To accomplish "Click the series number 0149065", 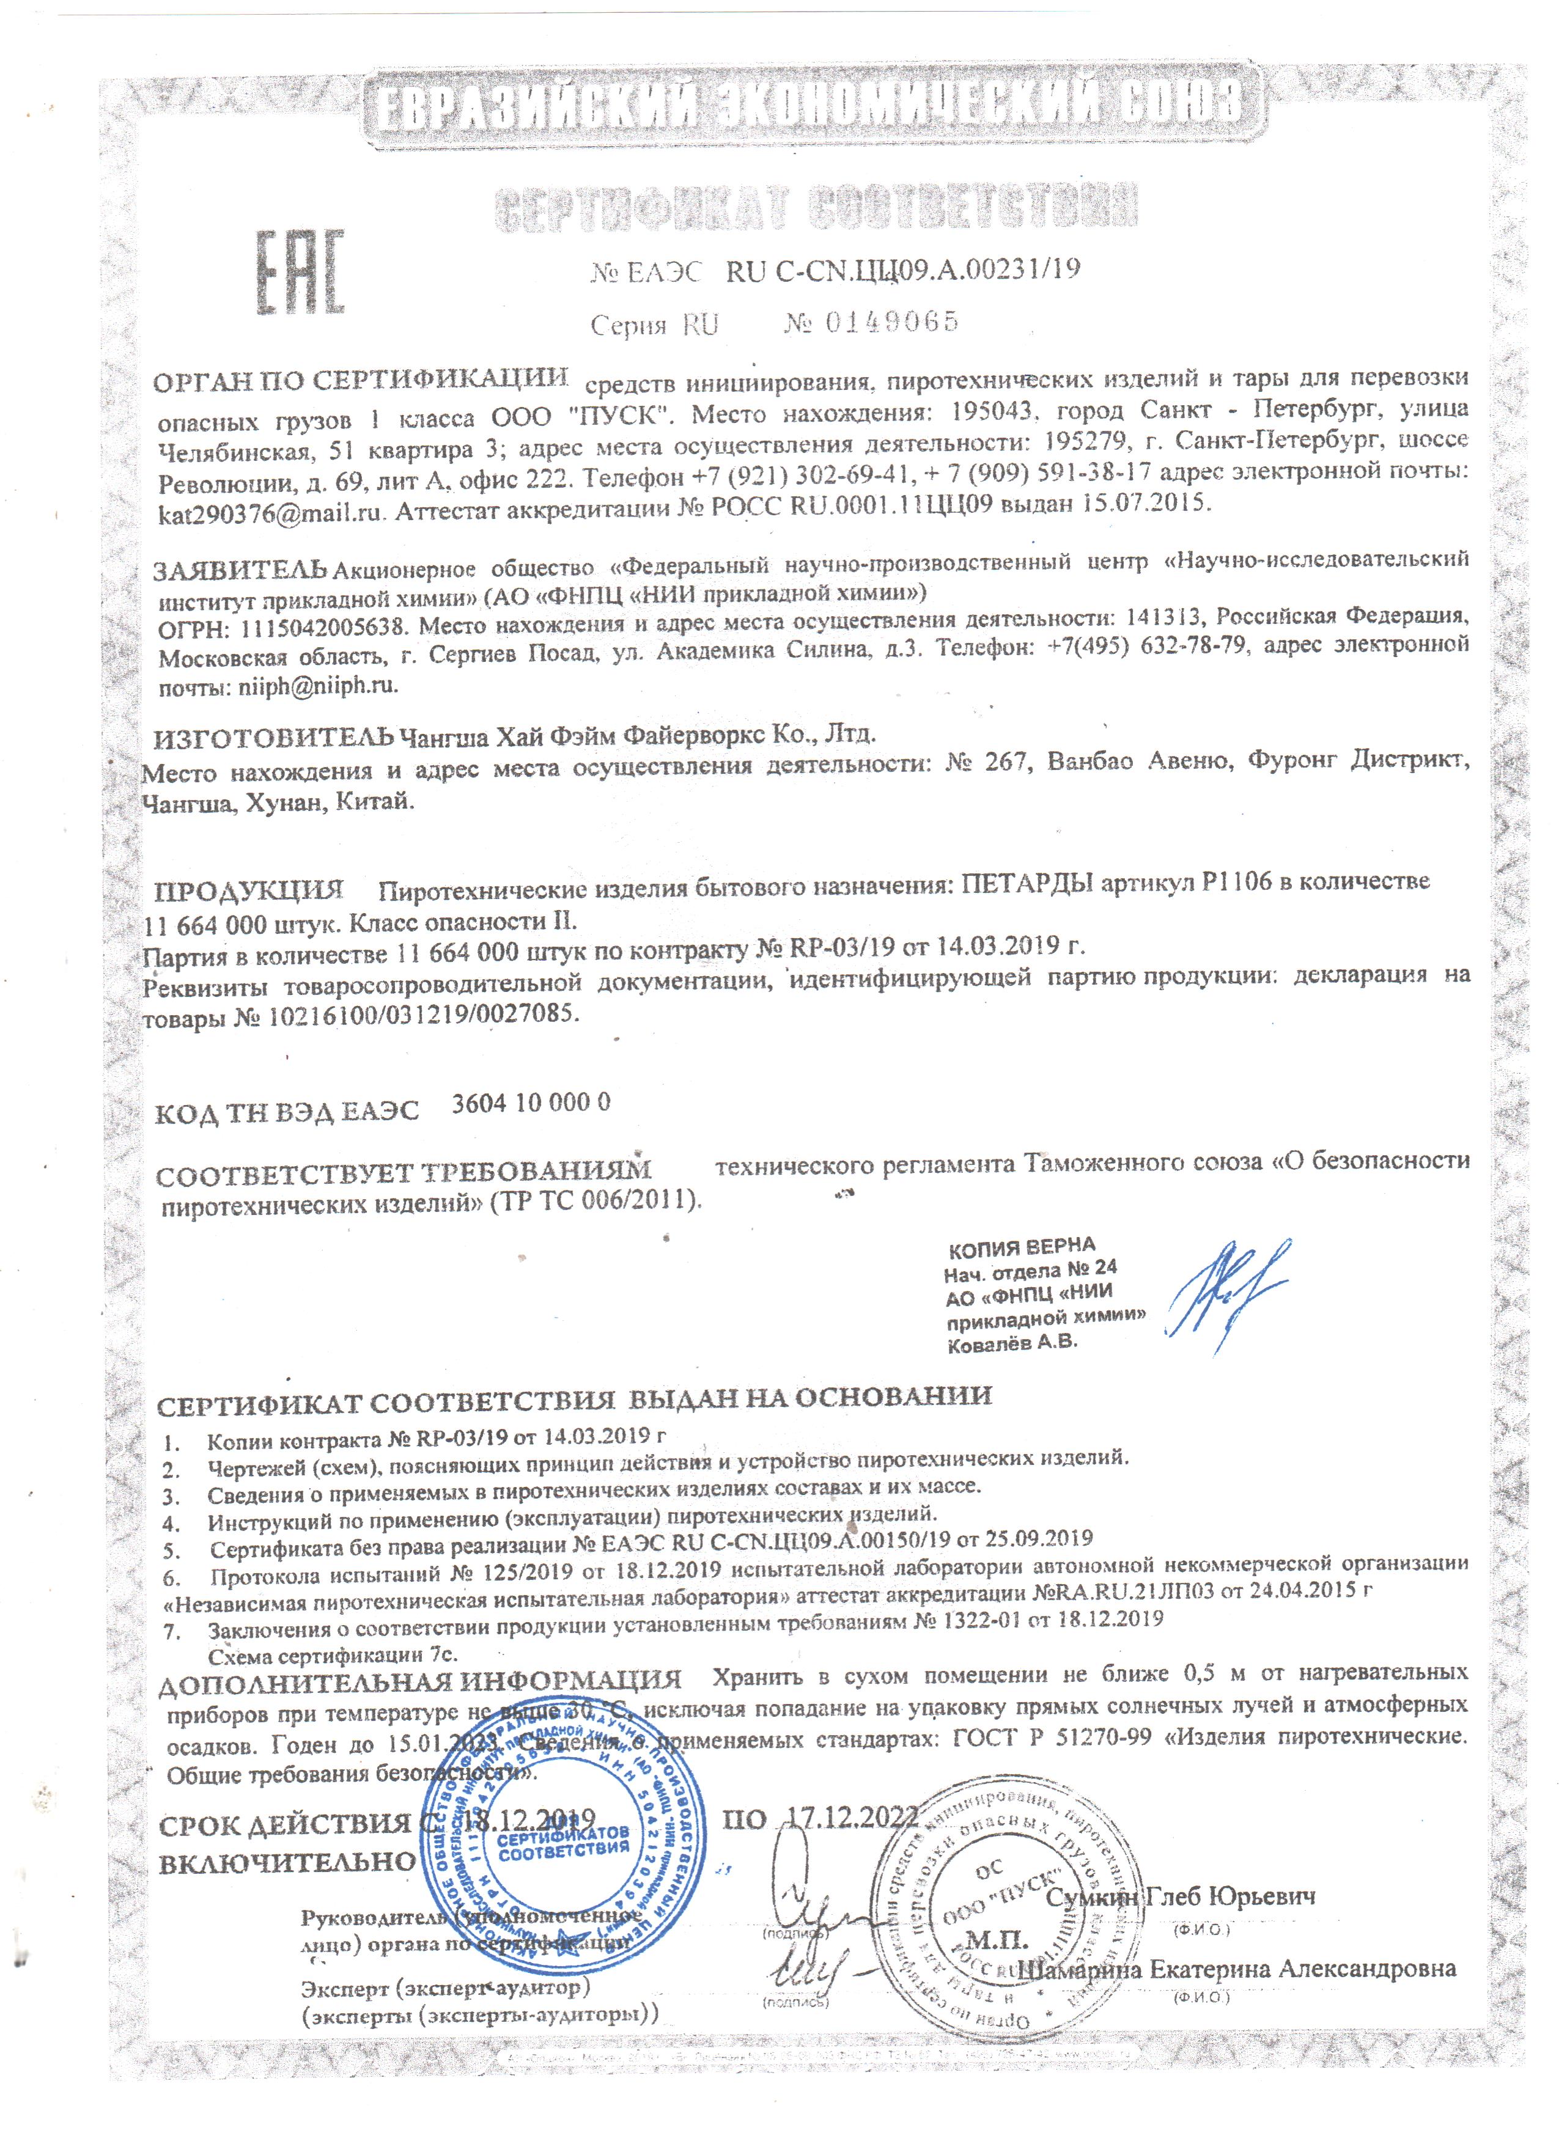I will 891,322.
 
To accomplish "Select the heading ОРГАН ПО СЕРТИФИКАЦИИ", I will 362,380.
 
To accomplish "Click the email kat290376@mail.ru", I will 272,513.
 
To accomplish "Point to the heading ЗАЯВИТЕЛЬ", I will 241,571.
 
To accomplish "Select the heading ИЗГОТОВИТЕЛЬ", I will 272,735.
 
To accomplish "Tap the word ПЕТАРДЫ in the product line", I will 1028,884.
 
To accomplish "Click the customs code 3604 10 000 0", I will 531,1102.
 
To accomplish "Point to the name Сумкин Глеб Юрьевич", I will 1182,1895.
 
